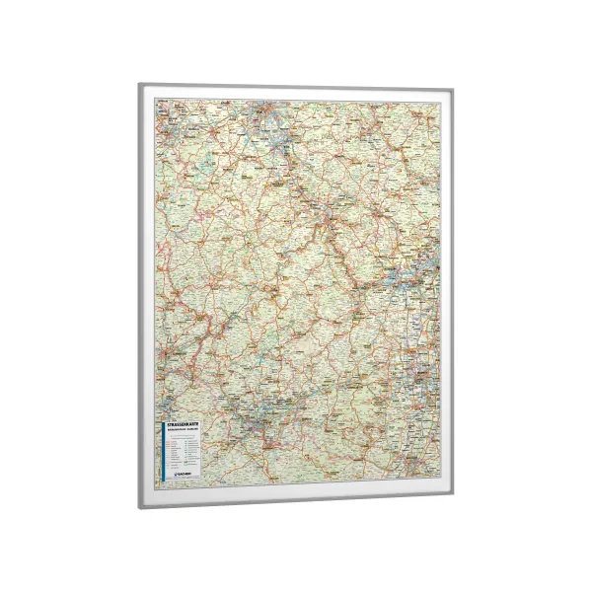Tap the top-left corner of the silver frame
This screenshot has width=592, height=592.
[138, 86]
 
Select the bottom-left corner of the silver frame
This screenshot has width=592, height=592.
[139, 507]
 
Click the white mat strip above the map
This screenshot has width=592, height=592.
[296, 95]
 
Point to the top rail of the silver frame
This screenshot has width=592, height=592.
[296, 88]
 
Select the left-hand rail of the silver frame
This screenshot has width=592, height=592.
[140, 296]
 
